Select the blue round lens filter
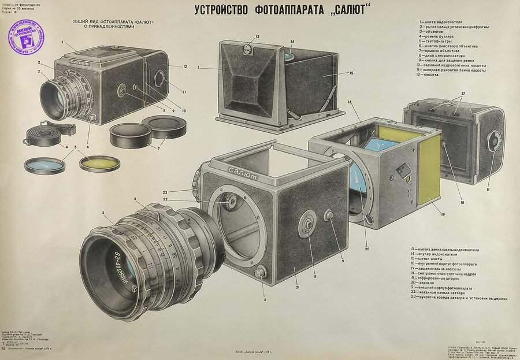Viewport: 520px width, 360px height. coord(44,166)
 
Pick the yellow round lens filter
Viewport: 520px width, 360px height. coord(99,164)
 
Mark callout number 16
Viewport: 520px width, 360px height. coord(351,102)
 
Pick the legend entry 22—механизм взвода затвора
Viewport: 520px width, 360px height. coord(452,293)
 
